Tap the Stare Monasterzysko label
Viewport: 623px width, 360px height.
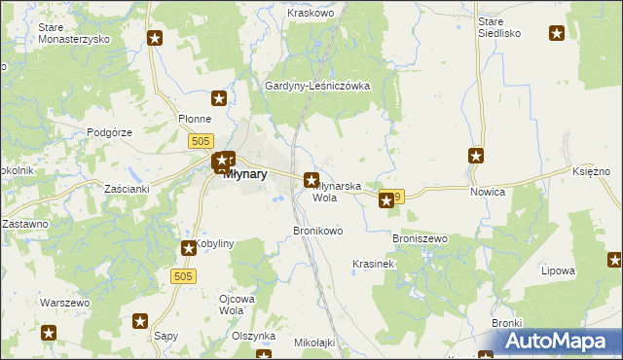(x=73, y=33)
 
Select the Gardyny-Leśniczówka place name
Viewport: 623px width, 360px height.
(x=318, y=86)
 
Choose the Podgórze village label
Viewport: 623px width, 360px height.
(x=109, y=131)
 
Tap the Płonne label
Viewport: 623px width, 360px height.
(x=195, y=118)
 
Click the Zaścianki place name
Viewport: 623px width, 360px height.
(x=127, y=188)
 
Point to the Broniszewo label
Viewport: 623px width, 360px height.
(x=419, y=237)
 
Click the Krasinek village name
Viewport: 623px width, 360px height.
(x=372, y=264)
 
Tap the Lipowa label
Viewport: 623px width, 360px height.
(x=562, y=270)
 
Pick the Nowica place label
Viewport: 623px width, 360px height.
(x=488, y=192)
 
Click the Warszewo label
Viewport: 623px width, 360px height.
(x=64, y=303)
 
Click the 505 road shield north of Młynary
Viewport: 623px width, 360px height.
(x=201, y=142)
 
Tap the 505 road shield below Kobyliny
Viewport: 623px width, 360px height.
(x=185, y=276)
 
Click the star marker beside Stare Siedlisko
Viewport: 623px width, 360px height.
(x=557, y=34)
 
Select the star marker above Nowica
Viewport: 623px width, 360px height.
(x=476, y=155)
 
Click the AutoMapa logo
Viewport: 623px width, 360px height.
(x=559, y=342)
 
